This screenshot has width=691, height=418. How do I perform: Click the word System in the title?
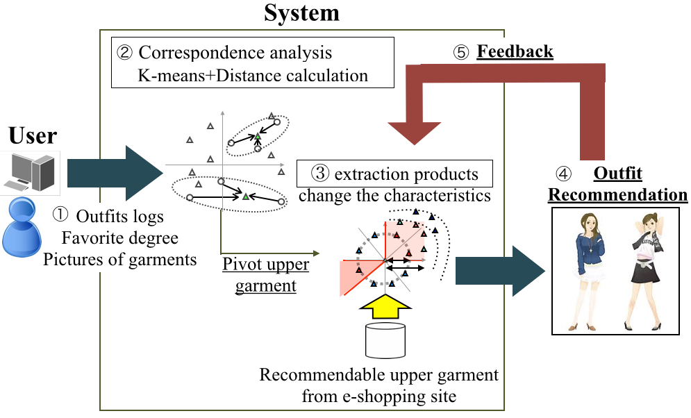[302, 13]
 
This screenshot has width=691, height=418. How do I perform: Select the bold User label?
[33, 135]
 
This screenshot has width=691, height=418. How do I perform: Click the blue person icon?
[24, 230]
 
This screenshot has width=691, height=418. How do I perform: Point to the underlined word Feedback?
[515, 51]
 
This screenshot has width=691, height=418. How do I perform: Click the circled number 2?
[126, 53]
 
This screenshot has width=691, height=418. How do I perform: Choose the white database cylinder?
[385, 341]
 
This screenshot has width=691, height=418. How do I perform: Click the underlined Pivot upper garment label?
[265, 275]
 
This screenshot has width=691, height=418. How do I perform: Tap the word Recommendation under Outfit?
[617, 194]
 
